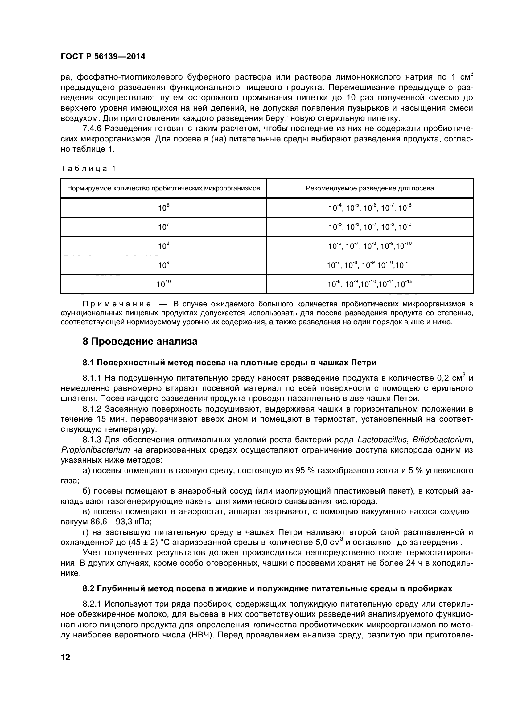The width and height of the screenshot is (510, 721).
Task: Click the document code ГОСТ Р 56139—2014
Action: pos(103,56)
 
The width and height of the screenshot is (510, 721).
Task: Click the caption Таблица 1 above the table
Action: pos(88,169)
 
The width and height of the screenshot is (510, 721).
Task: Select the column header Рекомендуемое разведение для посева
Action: pos(370,188)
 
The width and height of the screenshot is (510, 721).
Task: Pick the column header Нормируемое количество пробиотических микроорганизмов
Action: pos(163,188)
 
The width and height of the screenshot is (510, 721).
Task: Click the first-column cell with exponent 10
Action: pos(163,285)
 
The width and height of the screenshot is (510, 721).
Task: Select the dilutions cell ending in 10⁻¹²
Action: pos(370,285)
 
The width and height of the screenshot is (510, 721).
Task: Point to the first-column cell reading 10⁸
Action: pos(163,246)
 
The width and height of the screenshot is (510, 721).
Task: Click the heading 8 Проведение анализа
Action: pos(140,341)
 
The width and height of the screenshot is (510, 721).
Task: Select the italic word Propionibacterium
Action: pos(95,450)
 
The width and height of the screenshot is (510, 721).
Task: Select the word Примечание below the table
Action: pos(117,304)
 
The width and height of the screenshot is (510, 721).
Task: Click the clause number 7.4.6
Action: pos(92,129)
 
